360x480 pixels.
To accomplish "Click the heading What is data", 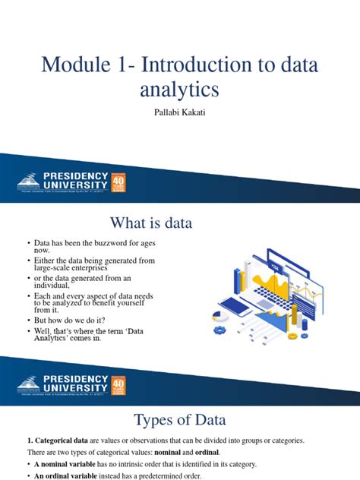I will [x=151, y=223].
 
